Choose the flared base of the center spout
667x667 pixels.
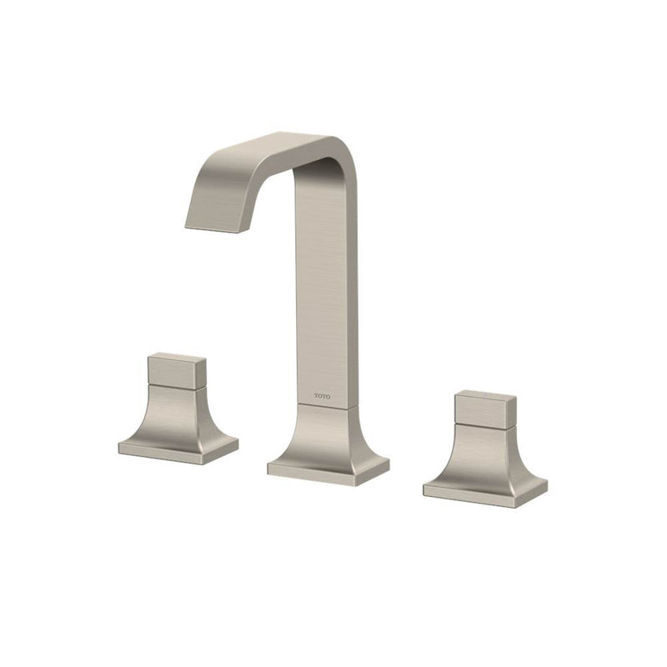327,434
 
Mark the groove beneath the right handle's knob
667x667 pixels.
484,424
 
